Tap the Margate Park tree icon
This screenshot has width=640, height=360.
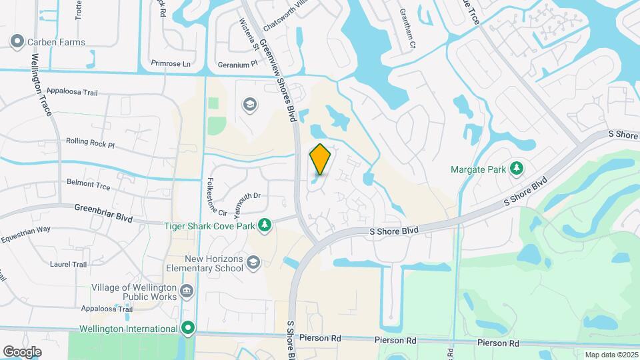[516, 169]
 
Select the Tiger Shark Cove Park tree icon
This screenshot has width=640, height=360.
[265, 226]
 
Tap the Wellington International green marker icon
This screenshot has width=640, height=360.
[189, 328]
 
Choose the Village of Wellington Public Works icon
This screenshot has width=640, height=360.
[187, 292]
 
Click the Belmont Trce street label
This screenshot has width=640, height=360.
[88, 184]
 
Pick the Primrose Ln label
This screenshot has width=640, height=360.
[171, 64]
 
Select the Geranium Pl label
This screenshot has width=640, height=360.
[237, 65]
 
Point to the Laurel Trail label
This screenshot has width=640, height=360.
[68, 264]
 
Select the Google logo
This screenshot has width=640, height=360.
[22, 351]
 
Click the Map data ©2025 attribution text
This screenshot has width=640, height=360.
[610, 355]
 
